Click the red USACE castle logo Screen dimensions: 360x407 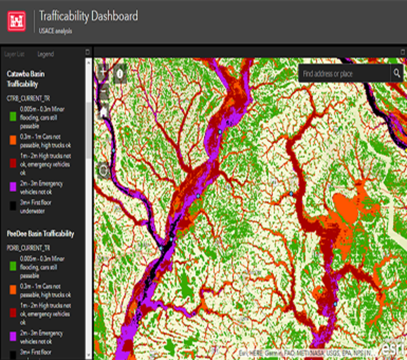[16, 20]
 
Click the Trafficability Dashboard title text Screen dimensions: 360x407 [89, 16]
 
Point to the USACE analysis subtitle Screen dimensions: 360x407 [55, 31]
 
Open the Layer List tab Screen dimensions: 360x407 [14, 54]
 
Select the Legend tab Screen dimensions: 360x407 [45, 54]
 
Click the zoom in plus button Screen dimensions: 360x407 [103, 72]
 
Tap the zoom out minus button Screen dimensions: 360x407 [103, 91]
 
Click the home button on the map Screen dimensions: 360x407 [103, 112]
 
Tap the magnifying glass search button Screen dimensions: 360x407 [397, 74]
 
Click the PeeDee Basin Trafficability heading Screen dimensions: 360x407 [40, 234]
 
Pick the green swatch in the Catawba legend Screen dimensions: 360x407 [13, 116]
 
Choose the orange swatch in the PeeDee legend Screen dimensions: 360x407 [13, 290]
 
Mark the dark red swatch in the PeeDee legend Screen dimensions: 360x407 [13, 314]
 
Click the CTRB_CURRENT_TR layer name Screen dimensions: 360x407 [28, 99]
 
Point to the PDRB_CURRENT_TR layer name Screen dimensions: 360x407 [28, 247]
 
